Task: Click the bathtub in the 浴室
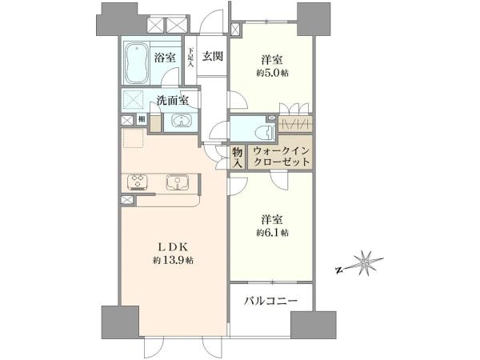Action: tap(137, 62)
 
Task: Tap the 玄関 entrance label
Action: tap(212, 56)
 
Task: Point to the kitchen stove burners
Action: tap(137, 182)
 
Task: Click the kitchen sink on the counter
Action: tap(178, 182)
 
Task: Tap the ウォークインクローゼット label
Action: tap(282, 156)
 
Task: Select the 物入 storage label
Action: tap(238, 157)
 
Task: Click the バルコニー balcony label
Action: tap(270, 301)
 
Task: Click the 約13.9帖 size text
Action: tap(173, 260)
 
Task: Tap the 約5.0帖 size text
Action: tap(272, 73)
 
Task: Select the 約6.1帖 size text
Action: tap(272, 233)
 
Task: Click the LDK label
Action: tap(173, 246)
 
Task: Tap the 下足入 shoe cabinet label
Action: tap(190, 57)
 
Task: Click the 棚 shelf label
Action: tap(142, 118)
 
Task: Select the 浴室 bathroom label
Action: tap(165, 58)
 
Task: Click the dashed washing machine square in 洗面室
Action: tap(133, 99)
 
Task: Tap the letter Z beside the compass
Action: tap(338, 270)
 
